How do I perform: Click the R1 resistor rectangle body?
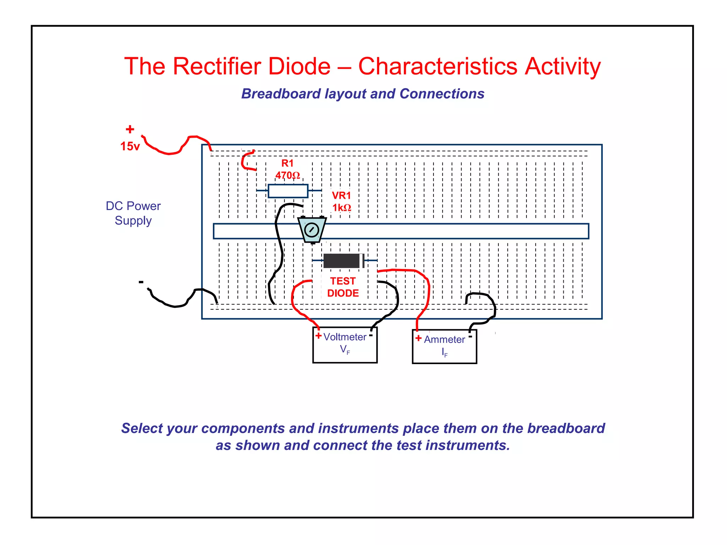(x=288, y=191)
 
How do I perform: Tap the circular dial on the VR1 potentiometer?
(x=312, y=230)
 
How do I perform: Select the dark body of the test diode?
(x=341, y=261)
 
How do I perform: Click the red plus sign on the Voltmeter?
(x=318, y=336)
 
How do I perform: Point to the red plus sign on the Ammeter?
(x=419, y=338)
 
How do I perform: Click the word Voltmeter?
(x=345, y=337)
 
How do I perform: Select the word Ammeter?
(x=444, y=340)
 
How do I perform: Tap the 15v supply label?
(x=130, y=146)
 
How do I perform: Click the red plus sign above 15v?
(x=130, y=129)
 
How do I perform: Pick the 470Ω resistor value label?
(x=288, y=175)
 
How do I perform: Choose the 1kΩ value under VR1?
(x=341, y=208)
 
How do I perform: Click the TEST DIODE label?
(x=343, y=287)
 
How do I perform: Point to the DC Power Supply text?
(x=133, y=213)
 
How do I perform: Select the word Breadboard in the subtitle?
(x=281, y=94)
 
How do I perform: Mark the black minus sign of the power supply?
(x=141, y=282)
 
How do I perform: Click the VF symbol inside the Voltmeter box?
(x=345, y=350)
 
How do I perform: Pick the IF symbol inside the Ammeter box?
(x=444, y=352)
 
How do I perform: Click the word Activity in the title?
(x=563, y=66)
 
